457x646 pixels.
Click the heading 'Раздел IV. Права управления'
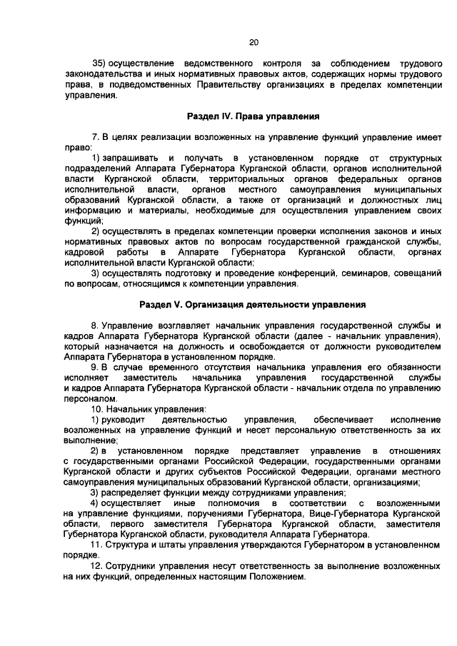pos(253,115)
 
